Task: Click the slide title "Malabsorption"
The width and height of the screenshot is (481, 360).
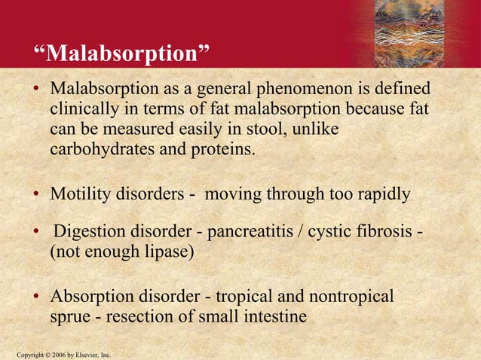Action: coord(121,54)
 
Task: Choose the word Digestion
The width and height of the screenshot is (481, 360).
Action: coord(88,230)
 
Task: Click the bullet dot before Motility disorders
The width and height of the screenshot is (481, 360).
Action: coord(35,195)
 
